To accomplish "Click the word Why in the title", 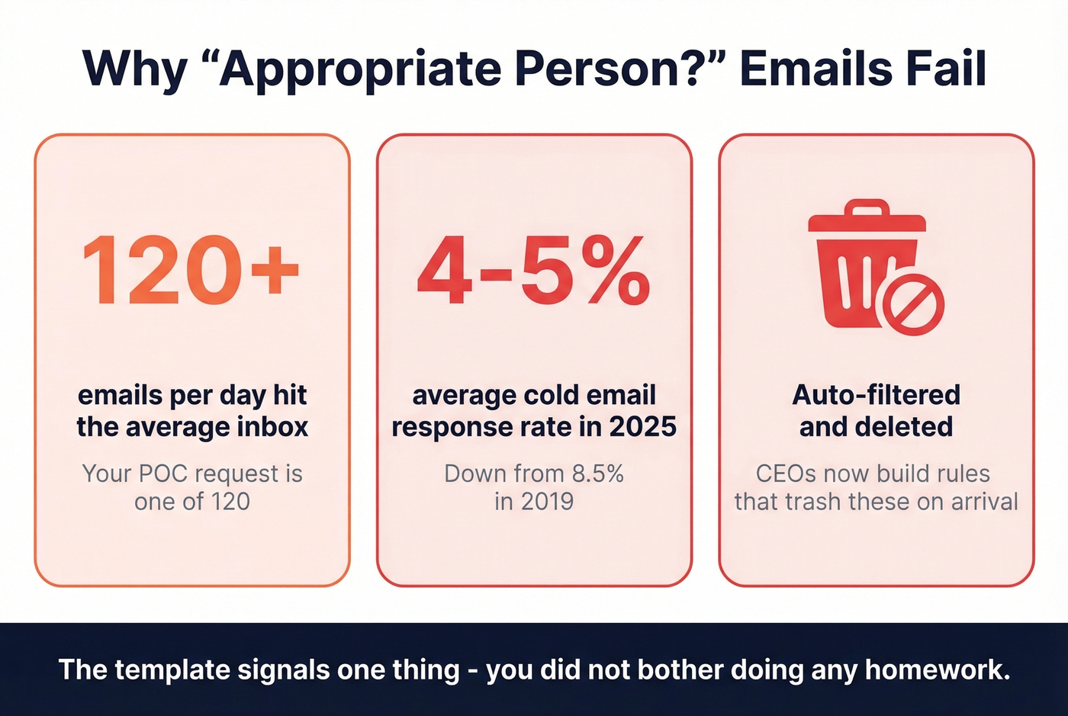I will (133, 69).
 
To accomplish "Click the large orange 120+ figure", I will (191, 271).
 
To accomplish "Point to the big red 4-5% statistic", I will (533, 271).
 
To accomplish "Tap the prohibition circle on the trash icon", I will (913, 303).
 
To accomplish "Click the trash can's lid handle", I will (867, 207).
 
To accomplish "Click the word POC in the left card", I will (166, 474).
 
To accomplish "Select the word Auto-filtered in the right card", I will (876, 395).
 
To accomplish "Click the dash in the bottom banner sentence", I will (473, 671).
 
